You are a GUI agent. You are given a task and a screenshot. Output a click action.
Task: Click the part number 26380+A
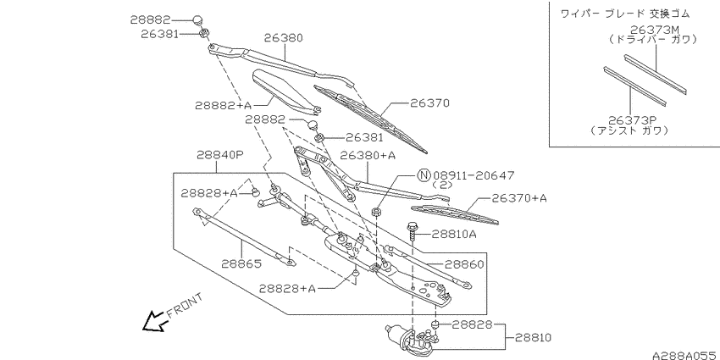[368, 156]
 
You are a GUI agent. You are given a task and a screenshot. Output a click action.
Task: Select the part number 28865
[241, 263]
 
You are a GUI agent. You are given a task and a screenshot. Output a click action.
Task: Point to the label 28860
[464, 264]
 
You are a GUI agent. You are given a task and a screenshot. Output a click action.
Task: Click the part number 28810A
[454, 235]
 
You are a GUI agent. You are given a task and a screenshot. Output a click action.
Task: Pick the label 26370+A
[519, 198]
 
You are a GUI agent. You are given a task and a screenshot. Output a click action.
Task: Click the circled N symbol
[424, 175]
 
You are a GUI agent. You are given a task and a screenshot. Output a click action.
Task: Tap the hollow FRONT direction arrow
[154, 320]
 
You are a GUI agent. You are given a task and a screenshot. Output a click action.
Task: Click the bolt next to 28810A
[413, 230]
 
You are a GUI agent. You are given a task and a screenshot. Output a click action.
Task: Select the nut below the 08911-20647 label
[375, 212]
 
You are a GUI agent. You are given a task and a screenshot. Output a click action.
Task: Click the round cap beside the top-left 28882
[197, 19]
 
